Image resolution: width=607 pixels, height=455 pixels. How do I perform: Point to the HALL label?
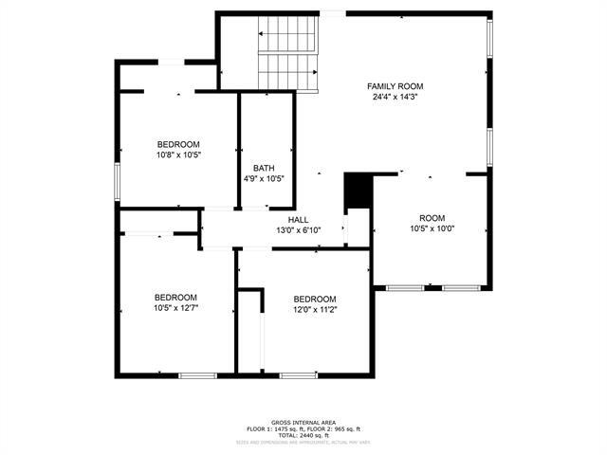coord(298,220)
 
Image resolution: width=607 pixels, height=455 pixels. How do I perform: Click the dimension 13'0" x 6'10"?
coord(298,230)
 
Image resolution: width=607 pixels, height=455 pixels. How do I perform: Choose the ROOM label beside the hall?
coord(432,217)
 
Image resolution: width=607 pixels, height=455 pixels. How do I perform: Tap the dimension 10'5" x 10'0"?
coord(432,228)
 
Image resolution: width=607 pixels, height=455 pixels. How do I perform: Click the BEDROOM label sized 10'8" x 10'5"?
coord(178,144)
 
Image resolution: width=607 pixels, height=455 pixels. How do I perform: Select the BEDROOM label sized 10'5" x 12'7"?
coord(175,296)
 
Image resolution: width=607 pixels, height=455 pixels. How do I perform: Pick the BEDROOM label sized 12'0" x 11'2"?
coord(315,299)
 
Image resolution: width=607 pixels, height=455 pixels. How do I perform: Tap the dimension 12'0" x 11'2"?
coord(315,309)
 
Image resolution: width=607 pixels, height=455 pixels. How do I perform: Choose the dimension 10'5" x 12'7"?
coord(175,307)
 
